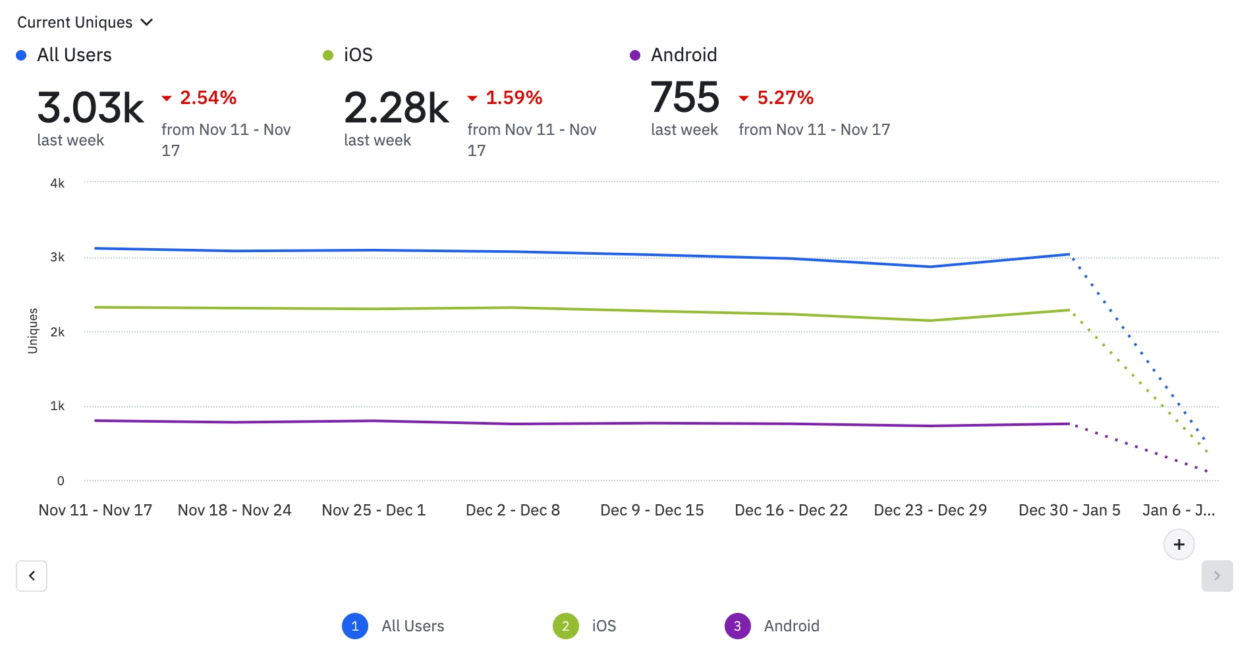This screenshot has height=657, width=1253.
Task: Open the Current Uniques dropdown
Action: [x=84, y=22]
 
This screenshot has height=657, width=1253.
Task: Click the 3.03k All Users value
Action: [x=90, y=108]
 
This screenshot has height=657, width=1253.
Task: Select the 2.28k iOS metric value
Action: [x=396, y=108]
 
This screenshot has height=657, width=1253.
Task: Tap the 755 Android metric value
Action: [x=684, y=97]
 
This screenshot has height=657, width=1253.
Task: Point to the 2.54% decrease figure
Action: [x=207, y=98]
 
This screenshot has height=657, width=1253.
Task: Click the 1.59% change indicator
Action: [x=513, y=98]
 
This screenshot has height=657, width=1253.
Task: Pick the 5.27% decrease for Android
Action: [x=784, y=98]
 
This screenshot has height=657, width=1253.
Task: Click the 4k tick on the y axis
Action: [x=57, y=183]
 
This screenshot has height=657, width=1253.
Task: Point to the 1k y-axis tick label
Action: [x=57, y=406]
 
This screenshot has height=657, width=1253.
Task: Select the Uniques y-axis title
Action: [x=33, y=331]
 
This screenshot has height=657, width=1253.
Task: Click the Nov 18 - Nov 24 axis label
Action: [x=235, y=510]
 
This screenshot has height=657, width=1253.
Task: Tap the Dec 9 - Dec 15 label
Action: [x=652, y=510]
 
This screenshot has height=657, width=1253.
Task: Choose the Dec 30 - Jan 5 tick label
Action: [x=1069, y=510]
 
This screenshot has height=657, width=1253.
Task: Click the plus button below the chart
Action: [x=1179, y=544]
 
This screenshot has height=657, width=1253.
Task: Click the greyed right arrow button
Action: [x=1217, y=576]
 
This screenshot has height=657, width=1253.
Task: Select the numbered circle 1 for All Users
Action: [x=355, y=626]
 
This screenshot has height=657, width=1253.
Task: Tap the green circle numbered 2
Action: [x=565, y=626]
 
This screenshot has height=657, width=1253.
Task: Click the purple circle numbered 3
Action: [x=737, y=626]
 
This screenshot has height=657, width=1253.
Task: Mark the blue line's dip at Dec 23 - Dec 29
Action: [x=930, y=267]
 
